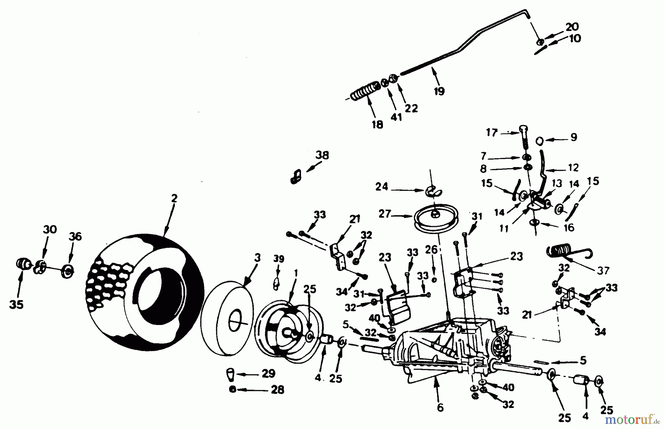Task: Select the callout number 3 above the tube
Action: pyautogui.click(x=257, y=257)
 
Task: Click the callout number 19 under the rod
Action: pyautogui.click(x=439, y=91)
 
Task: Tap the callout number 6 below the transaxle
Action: pyautogui.click(x=440, y=407)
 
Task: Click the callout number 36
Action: pyautogui.click(x=75, y=236)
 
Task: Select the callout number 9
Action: pyautogui.click(x=573, y=137)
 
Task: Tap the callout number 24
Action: pyautogui.click(x=381, y=187)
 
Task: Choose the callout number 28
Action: pyautogui.click(x=277, y=390)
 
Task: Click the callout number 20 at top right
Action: pyautogui.click(x=572, y=27)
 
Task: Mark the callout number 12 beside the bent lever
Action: pyautogui.click(x=573, y=167)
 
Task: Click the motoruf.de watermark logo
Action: pyautogui.click(x=632, y=419)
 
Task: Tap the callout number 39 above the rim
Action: pyautogui.click(x=279, y=259)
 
